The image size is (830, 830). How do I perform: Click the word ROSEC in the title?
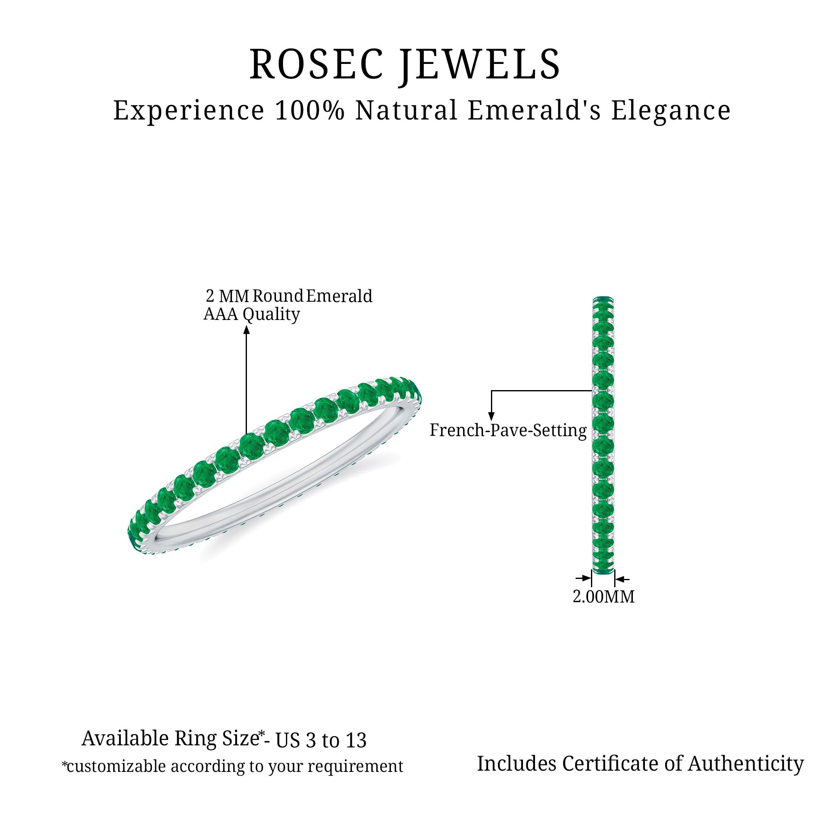click(x=316, y=65)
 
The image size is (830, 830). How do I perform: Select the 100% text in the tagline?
click(x=309, y=110)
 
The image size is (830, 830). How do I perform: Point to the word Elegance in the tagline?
click(x=671, y=112)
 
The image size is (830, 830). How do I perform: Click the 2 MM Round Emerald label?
click(x=289, y=296)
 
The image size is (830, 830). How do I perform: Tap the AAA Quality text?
click(x=251, y=315)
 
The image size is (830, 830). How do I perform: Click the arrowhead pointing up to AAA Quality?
click(x=246, y=330)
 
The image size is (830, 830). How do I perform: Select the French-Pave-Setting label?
click(x=508, y=430)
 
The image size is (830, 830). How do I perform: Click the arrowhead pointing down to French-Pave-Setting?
click(x=491, y=416)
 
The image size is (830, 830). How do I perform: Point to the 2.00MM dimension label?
click(x=603, y=597)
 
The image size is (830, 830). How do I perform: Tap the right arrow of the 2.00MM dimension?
click(x=622, y=579)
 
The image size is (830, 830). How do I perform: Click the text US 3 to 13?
click(x=321, y=741)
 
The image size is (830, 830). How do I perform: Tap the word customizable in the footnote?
click(x=116, y=766)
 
